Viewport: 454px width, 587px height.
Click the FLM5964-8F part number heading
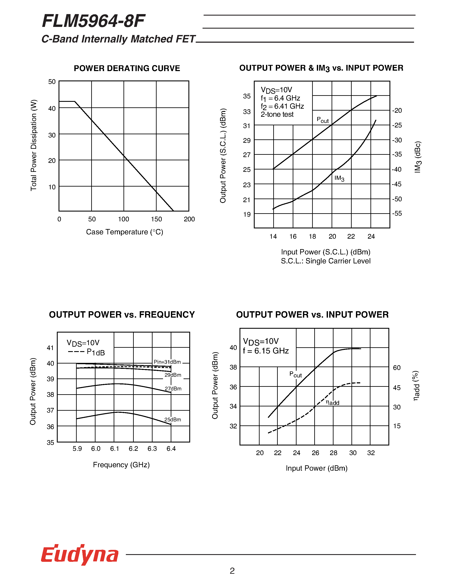93,21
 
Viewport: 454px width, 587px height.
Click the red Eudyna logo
80,555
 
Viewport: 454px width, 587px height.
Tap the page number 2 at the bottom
232,570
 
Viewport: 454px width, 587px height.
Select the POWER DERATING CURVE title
127,68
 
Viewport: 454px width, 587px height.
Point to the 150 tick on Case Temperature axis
156,219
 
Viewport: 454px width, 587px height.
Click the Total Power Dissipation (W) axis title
34,145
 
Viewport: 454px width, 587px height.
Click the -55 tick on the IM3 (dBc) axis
397,213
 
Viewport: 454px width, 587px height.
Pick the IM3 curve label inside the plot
339,178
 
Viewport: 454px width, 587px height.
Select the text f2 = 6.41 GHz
282,107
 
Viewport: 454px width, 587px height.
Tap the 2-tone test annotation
277,114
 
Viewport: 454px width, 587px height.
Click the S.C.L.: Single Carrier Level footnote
325,261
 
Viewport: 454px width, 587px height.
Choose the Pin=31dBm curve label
167,362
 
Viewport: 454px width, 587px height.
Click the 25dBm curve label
172,420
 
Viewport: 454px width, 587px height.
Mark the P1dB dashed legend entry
86,352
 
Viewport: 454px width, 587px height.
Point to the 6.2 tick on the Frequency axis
133,449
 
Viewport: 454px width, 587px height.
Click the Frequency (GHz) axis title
121,465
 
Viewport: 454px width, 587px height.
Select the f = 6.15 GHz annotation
266,351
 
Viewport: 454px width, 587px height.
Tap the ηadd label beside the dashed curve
332,402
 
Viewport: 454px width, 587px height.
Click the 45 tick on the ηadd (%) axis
397,388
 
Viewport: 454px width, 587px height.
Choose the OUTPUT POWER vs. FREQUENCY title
122,314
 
